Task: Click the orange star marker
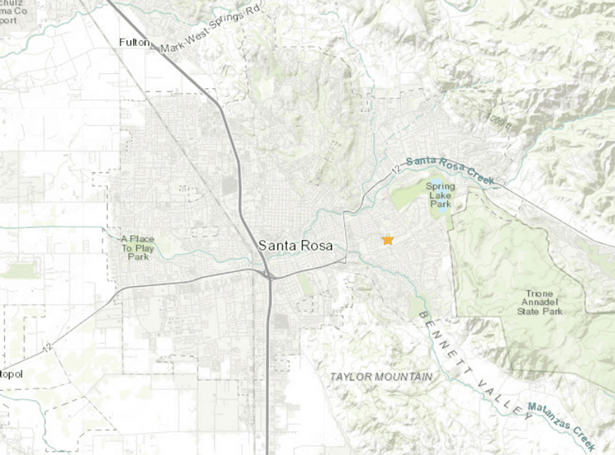pyautogui.click(x=388, y=240)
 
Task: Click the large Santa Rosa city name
pyautogui.click(x=296, y=245)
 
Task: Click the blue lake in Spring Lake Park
pyautogui.click(x=442, y=208)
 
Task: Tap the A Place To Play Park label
pyautogui.click(x=137, y=247)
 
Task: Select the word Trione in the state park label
pyautogui.click(x=540, y=293)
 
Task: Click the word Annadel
pyautogui.click(x=540, y=302)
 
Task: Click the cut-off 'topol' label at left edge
pyautogui.click(x=11, y=374)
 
